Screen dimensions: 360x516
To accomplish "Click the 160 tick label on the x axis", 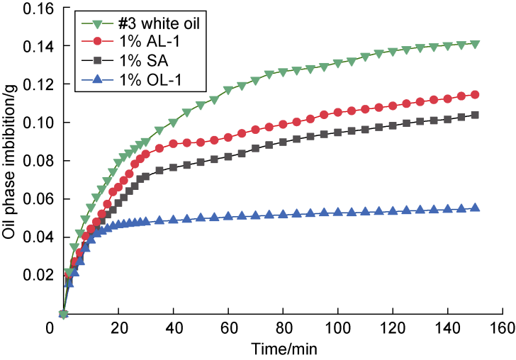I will click(503, 329).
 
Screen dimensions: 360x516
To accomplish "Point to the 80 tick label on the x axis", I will click(283, 329).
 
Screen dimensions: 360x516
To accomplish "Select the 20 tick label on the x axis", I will click(118, 329).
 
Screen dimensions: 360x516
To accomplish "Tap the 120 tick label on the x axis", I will click(393, 329).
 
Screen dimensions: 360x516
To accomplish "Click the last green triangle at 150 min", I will click(475, 44).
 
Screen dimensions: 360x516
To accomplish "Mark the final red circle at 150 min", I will click(475, 94).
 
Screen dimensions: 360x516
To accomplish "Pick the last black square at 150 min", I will click(475, 115).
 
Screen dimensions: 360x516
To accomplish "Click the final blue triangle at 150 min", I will click(475, 208).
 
